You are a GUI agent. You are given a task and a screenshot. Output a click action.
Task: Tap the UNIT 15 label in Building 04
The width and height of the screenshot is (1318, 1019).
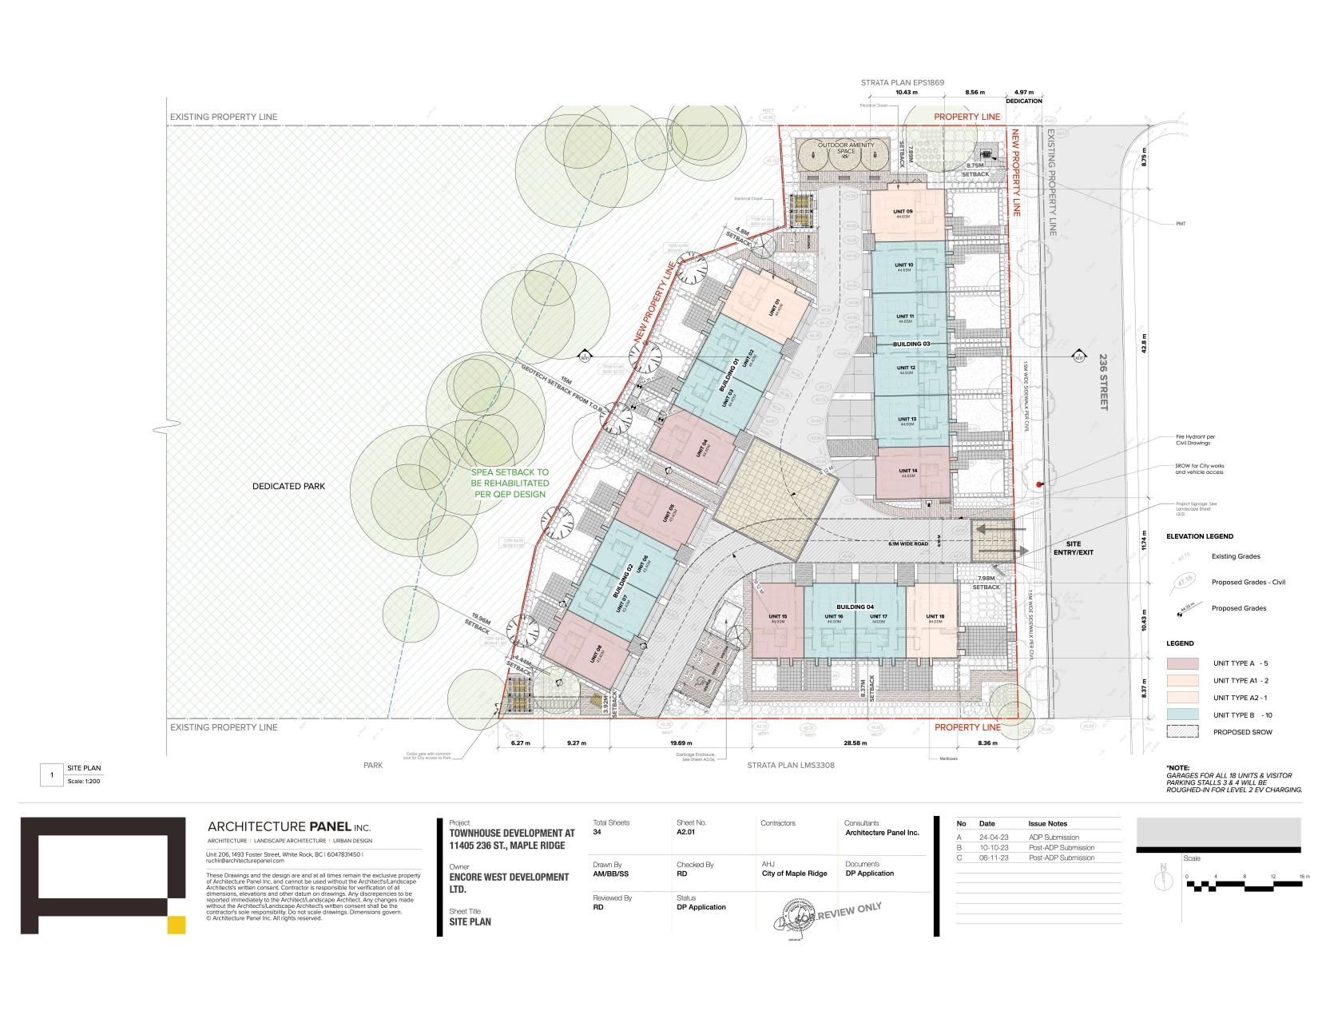tap(778, 617)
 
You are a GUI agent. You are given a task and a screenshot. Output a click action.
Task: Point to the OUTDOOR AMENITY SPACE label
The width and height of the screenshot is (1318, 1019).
tap(846, 148)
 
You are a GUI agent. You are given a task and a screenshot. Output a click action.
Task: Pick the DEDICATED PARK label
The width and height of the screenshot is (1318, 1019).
tap(289, 486)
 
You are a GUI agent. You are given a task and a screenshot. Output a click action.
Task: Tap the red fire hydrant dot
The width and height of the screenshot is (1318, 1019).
tap(1039, 485)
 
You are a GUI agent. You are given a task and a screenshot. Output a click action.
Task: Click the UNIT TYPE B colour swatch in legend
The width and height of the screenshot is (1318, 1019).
tap(1182, 714)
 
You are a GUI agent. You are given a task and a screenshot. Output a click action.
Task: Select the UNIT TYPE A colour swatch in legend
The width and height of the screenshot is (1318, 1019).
tap(1182, 663)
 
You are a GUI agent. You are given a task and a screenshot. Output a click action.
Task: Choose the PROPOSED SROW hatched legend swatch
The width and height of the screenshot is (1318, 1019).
tap(1182, 731)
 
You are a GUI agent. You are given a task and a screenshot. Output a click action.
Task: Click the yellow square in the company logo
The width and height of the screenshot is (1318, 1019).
tap(177, 925)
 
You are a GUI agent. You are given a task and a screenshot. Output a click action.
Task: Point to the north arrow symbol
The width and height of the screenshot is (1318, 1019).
tap(1164, 878)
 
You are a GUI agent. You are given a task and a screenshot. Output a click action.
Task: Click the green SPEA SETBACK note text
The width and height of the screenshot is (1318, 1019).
tap(510, 484)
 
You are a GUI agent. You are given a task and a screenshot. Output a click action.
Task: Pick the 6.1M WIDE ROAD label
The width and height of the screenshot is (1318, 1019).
tap(907, 543)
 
